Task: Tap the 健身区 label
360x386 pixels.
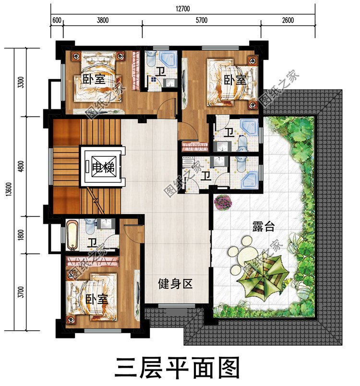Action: coord(175,284)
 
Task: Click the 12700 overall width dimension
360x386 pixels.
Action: coord(182,8)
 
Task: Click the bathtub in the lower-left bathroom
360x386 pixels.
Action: coord(72,234)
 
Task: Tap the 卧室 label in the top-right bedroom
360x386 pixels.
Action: coord(235,80)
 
